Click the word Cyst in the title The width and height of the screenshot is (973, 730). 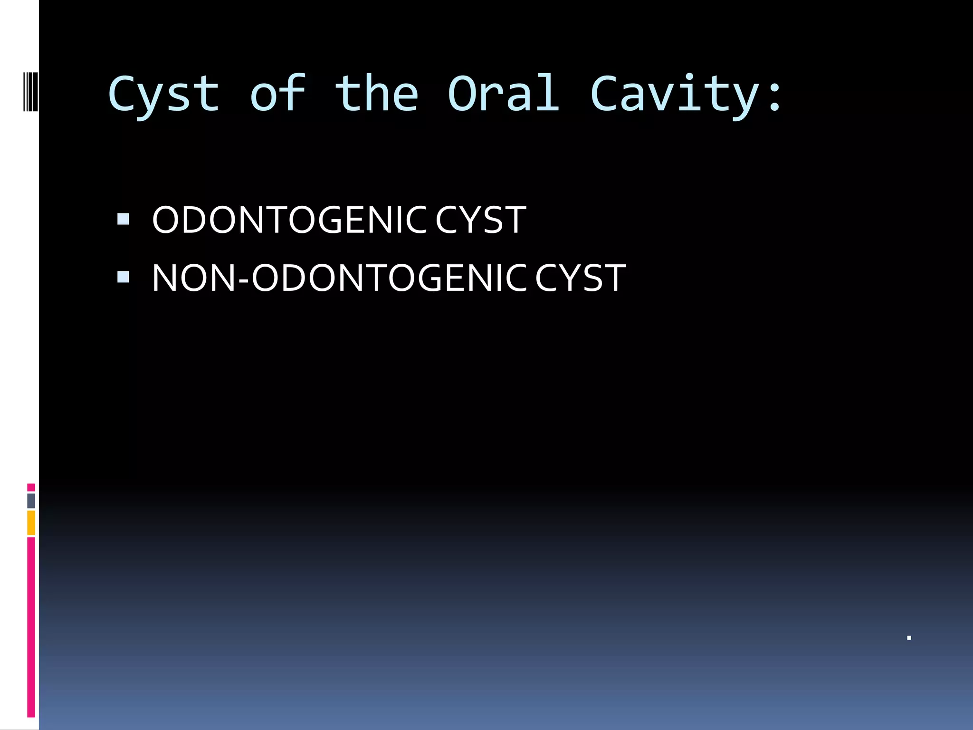164,95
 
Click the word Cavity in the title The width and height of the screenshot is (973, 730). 675,95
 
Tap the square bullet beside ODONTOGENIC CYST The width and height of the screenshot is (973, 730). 123,219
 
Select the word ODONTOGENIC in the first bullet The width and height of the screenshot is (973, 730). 289,220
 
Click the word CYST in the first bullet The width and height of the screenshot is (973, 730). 480,220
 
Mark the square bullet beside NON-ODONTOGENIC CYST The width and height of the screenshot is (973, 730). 123,277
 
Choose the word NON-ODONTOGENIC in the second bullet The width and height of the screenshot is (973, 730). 339,278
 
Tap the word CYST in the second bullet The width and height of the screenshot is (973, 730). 580,278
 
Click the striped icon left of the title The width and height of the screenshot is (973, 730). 31,91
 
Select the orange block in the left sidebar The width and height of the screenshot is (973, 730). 31,523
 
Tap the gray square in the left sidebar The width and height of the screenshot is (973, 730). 31,501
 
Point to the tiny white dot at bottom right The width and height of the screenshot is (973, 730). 909,638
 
